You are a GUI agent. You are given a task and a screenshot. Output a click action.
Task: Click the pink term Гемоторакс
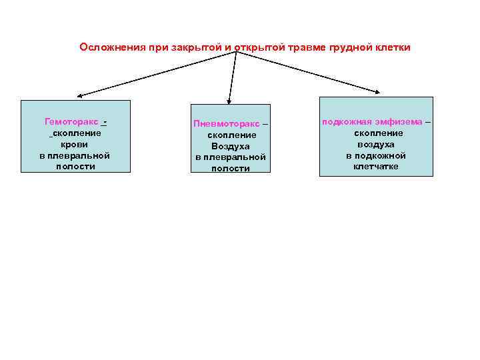71,122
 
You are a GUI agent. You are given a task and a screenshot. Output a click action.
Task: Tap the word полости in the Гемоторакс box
75,166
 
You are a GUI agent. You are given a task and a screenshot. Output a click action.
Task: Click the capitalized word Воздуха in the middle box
231,146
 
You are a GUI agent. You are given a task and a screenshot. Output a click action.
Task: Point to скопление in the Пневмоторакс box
231,135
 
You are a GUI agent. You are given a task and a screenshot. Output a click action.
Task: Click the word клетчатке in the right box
376,166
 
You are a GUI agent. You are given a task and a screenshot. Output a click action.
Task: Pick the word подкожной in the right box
376,155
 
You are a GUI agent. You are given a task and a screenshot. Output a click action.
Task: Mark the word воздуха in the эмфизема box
376,144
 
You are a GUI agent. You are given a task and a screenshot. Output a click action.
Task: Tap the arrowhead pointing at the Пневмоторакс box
229,102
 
